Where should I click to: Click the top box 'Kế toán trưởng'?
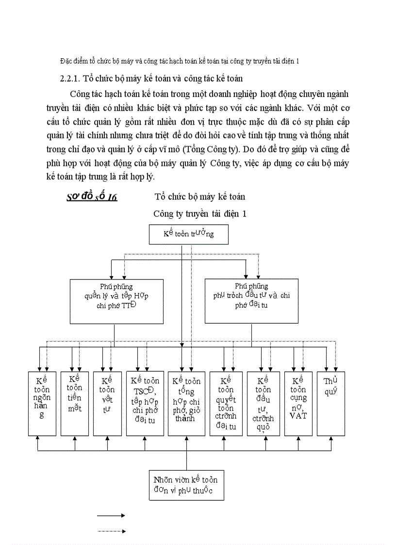point(188,234)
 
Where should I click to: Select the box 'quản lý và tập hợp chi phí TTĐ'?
point(116,300)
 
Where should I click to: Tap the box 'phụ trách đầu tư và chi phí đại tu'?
point(251,300)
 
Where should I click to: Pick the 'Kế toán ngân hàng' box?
point(42,403)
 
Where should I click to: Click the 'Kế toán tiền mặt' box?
point(75,403)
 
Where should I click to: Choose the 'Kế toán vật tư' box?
point(107,403)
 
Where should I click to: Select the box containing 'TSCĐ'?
point(145,403)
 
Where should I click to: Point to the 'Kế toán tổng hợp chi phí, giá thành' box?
point(186,403)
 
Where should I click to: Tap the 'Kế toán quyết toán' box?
point(226,403)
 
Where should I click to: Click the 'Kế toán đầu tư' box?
point(263,403)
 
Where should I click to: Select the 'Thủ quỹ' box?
point(330,403)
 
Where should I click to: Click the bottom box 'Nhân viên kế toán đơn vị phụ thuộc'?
point(186,485)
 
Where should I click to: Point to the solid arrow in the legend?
point(112,515)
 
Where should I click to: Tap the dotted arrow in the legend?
point(112,531)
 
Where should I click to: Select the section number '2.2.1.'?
point(70,78)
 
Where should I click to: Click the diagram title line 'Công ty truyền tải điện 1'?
point(200,214)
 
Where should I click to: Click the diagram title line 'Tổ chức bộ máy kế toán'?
point(200,197)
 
